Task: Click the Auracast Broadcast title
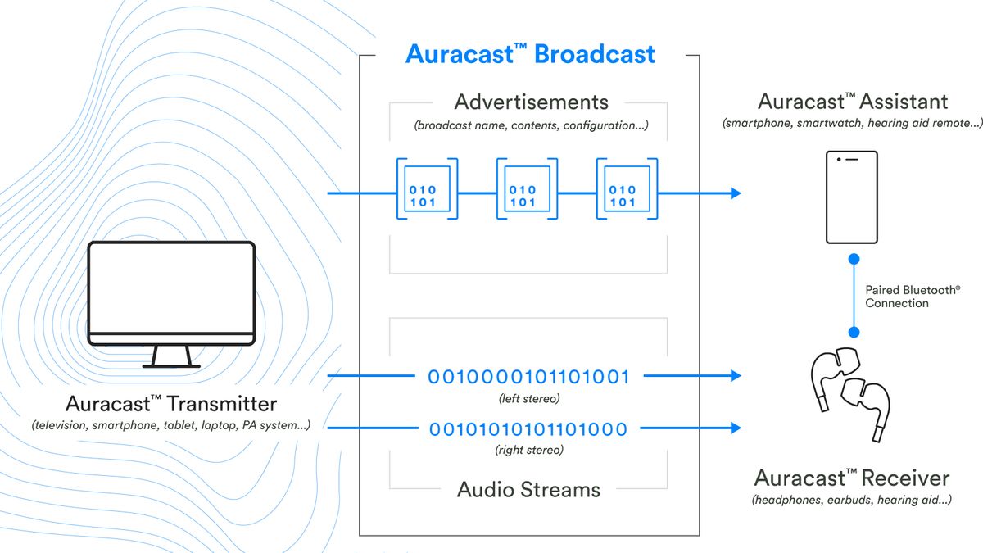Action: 530,55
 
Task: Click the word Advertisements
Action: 531,102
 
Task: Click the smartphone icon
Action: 852,197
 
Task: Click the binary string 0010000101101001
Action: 529,378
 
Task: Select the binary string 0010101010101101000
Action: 529,428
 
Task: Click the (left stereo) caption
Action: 529,399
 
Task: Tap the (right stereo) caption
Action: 529,450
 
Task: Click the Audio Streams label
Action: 528,490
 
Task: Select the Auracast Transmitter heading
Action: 171,404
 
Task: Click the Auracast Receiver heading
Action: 852,478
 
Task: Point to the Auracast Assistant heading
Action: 852,102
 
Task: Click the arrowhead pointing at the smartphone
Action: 735,193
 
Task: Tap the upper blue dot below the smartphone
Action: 853,259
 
